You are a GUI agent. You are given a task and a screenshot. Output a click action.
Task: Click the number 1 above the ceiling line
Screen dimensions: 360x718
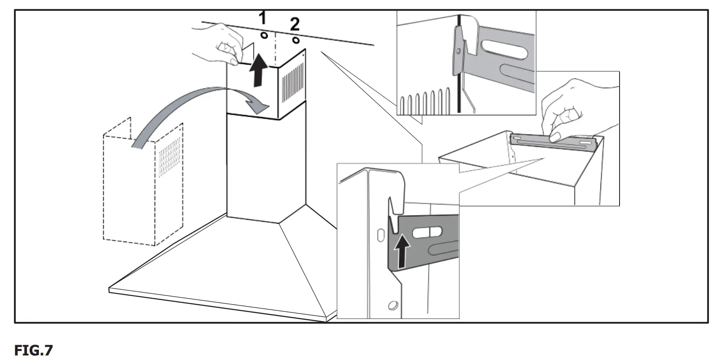point(262,19)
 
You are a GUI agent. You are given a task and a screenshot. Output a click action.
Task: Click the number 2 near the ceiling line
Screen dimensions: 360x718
point(294,24)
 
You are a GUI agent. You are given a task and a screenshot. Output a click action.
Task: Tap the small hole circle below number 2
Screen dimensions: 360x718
point(295,40)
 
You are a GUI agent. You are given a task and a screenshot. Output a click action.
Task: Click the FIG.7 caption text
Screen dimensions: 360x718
point(33,350)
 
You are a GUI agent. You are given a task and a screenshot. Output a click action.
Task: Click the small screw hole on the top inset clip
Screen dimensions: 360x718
point(458,51)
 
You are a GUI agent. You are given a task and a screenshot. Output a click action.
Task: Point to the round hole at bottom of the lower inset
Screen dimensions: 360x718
point(391,306)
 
